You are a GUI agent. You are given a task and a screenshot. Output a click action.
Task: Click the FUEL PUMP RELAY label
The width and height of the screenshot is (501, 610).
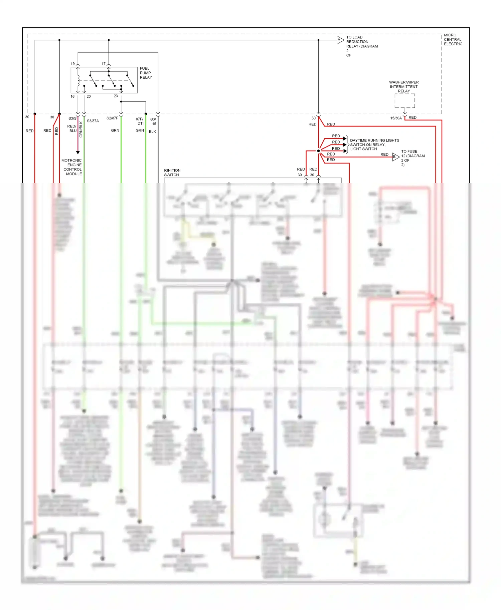coord(146,73)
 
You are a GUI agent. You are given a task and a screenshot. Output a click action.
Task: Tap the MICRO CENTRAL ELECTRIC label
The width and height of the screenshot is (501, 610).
coord(453,39)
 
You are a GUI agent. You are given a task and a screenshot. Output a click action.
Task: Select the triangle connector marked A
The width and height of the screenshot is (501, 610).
coord(340,40)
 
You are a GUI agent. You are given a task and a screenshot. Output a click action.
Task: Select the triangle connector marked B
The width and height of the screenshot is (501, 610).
coord(395,157)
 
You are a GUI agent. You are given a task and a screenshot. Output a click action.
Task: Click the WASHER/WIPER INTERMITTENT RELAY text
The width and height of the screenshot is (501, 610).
coord(403,86)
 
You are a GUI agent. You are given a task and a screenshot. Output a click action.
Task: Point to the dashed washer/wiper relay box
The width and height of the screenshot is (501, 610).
coord(404,100)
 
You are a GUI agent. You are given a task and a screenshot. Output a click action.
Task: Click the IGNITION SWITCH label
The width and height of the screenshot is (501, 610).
coord(172,173)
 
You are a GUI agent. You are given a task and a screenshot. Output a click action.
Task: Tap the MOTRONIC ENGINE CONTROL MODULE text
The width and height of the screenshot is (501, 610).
coord(72,167)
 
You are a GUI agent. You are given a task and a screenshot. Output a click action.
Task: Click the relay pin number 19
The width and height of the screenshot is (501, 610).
coord(72,64)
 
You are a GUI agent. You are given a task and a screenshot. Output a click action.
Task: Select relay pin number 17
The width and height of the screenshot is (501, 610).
coord(104,64)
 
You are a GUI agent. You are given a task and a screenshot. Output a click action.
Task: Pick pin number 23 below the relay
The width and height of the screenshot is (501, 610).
coord(116,96)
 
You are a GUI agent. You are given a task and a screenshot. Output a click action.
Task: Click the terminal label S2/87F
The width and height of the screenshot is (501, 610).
coord(112,118)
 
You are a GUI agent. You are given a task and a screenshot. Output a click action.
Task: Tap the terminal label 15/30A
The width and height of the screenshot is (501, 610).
coord(396,118)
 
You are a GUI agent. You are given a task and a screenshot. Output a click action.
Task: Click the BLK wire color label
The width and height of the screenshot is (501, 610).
coord(152,131)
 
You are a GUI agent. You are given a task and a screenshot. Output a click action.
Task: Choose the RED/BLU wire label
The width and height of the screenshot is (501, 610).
coord(72,128)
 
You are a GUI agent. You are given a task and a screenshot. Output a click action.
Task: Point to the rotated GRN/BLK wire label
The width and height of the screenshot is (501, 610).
coord(81,129)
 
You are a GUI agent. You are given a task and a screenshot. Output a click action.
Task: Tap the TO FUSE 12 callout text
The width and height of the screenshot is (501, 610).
coord(412,158)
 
